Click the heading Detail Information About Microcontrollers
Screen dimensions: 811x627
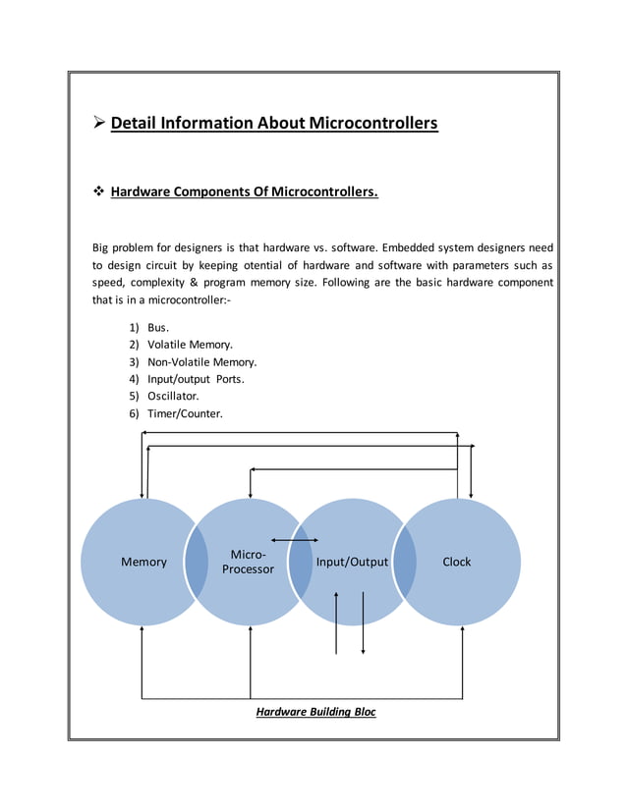(x=273, y=124)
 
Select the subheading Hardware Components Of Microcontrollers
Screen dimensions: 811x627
(x=244, y=191)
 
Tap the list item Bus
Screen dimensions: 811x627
(x=158, y=328)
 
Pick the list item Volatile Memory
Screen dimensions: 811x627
(x=190, y=345)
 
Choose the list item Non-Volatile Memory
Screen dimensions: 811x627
(x=201, y=362)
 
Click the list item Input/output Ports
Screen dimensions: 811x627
(x=196, y=379)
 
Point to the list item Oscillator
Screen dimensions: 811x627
(x=173, y=396)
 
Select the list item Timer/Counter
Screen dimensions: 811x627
(x=185, y=413)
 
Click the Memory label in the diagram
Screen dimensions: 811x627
(x=143, y=563)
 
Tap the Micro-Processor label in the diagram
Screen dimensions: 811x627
(x=248, y=562)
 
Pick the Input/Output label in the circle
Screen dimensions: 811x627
(x=352, y=563)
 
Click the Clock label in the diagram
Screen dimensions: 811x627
(x=456, y=563)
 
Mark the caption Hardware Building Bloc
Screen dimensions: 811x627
(x=315, y=712)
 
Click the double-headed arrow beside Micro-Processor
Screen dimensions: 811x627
(x=294, y=539)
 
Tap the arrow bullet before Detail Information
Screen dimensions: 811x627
(x=98, y=124)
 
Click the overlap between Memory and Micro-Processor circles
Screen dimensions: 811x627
(x=197, y=563)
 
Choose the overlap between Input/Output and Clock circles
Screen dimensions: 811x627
(x=405, y=563)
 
